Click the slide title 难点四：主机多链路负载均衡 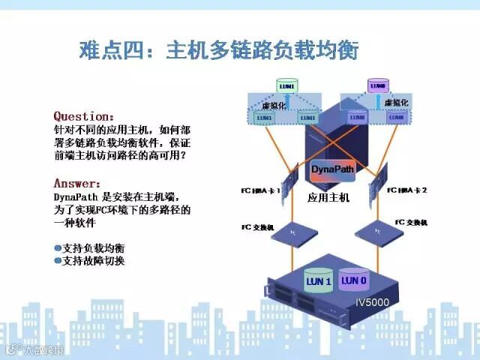tap(218, 51)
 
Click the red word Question tap(82, 116)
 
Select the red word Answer tap(75, 182)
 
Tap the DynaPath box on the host tap(331, 169)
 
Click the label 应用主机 tap(328, 198)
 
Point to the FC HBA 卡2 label tap(407, 190)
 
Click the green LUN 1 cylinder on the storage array tap(318, 280)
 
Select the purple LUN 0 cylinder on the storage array tap(354, 279)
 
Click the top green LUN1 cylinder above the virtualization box tap(286, 87)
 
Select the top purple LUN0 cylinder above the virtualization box tap(378, 86)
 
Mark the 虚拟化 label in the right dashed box tap(395, 102)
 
